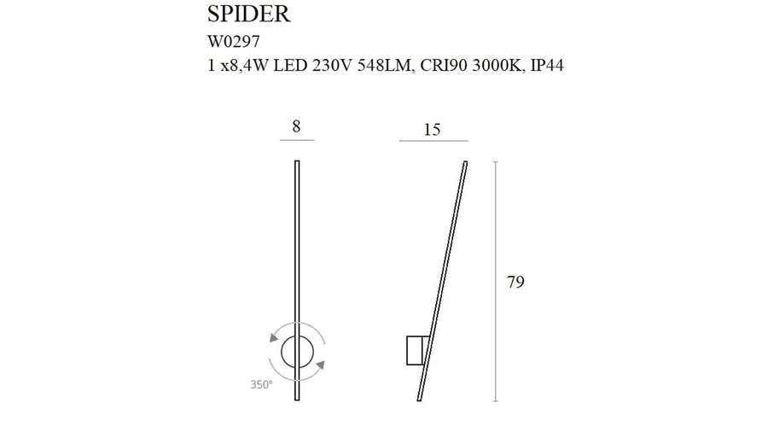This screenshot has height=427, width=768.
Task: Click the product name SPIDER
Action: click(249, 14)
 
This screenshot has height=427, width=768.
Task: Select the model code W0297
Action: click(234, 42)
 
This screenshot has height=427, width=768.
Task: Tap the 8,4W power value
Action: click(244, 65)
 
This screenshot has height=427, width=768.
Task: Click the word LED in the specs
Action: click(290, 65)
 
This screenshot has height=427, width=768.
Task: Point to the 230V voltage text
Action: click(332, 65)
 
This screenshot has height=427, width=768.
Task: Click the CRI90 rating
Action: click(444, 65)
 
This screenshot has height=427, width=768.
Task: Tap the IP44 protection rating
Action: click(547, 65)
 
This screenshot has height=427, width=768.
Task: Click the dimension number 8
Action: click(296, 126)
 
